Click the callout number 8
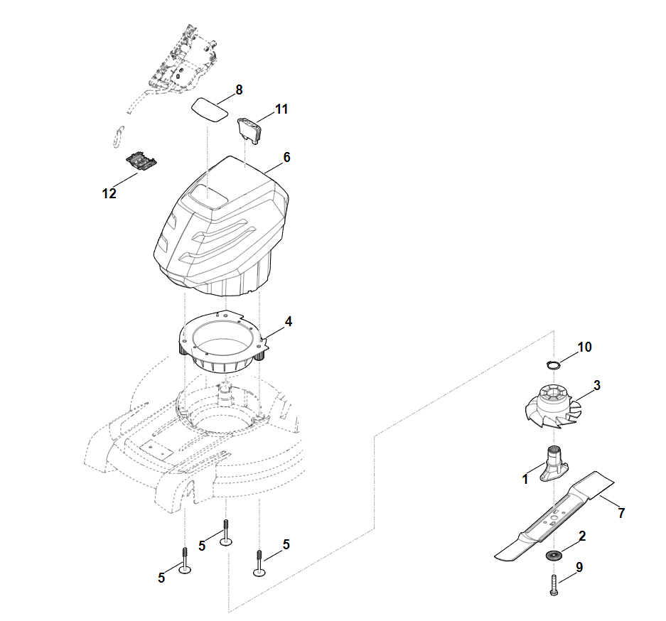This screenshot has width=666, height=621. (x=239, y=90)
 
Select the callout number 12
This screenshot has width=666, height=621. (x=109, y=193)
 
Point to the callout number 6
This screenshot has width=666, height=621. (x=286, y=157)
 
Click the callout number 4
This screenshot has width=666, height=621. (x=288, y=321)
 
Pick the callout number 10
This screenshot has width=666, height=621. (x=584, y=347)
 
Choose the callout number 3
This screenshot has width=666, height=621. (x=597, y=385)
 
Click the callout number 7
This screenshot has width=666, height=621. (x=621, y=512)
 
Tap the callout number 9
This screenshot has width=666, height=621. (x=579, y=568)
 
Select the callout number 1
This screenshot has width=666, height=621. (x=525, y=480)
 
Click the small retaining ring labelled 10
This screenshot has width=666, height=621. (x=553, y=364)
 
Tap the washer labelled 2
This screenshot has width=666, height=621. (x=554, y=553)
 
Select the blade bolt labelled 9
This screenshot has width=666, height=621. (x=554, y=585)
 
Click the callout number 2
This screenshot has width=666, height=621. (x=582, y=536)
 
